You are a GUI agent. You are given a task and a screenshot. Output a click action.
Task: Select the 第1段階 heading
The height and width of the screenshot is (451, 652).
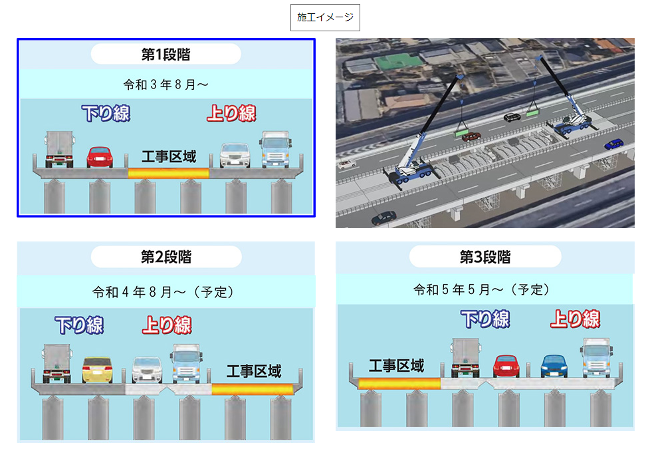(x=165, y=54)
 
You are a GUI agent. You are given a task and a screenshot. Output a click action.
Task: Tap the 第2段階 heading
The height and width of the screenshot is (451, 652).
(x=165, y=256)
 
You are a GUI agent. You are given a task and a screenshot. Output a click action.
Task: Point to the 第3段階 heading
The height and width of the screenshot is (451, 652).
(x=485, y=256)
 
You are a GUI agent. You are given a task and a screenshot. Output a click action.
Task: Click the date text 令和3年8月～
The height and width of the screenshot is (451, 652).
(x=165, y=84)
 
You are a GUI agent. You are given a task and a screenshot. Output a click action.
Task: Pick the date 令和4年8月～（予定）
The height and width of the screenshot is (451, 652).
(x=165, y=291)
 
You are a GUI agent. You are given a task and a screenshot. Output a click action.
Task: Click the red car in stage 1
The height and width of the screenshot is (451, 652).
(x=100, y=156)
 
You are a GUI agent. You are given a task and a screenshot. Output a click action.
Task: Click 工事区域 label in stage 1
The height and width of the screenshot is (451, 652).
(x=169, y=158)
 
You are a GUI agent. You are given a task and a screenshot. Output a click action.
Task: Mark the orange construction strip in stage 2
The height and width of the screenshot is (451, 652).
(x=253, y=389)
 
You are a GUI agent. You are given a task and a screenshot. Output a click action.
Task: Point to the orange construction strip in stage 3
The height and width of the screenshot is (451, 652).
(x=399, y=383)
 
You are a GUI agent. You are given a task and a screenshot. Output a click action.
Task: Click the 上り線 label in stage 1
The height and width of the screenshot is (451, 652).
(x=231, y=113)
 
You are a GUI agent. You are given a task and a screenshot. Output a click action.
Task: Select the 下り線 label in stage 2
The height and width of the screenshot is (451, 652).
(x=79, y=325)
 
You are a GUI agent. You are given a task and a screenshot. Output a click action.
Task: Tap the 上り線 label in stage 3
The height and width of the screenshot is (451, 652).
(x=575, y=320)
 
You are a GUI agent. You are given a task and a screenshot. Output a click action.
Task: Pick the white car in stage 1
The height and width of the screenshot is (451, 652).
(x=235, y=155)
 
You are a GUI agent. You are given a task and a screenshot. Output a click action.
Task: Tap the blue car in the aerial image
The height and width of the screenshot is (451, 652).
(x=613, y=144)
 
